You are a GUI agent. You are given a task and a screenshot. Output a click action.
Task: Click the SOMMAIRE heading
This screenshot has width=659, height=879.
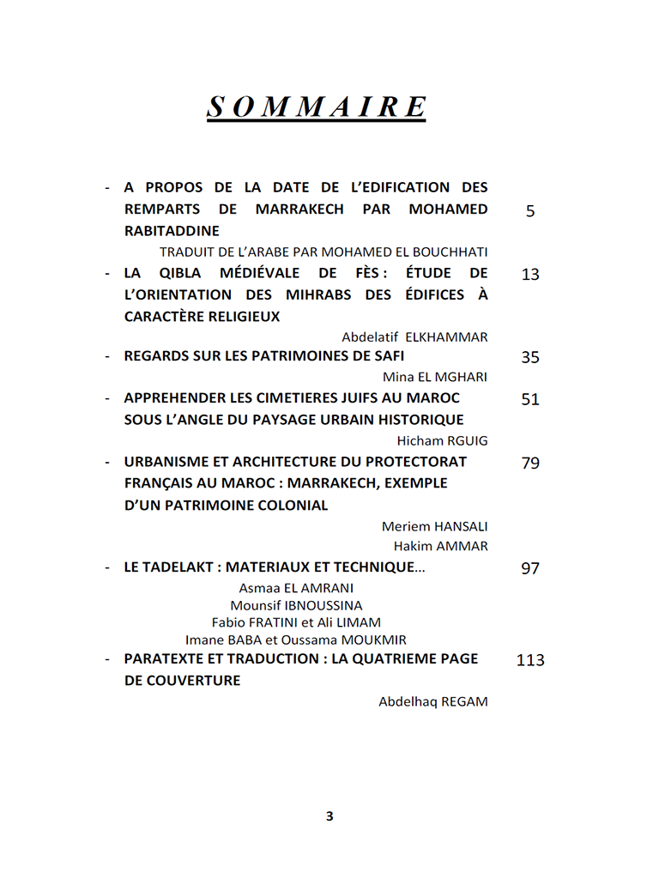pos(317,108)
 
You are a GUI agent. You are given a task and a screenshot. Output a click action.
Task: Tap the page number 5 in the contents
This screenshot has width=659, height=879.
pos(530,210)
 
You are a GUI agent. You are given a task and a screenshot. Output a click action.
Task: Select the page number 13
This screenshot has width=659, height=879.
pos(530,275)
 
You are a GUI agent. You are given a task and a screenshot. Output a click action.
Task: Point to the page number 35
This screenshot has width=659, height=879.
pos(530,357)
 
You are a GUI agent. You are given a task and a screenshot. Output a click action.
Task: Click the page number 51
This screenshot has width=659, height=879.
pos(530,399)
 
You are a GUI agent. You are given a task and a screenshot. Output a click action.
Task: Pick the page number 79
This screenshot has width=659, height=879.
pos(530,464)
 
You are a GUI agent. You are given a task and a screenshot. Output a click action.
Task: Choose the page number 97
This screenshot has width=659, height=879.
pos(530,569)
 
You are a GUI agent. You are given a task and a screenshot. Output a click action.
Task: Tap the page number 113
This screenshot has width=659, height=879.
pos(530,660)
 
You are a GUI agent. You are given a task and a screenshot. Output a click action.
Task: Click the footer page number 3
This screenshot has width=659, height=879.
pos(329,816)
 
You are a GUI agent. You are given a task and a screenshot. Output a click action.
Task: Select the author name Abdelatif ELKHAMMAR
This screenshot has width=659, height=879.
pos(414,337)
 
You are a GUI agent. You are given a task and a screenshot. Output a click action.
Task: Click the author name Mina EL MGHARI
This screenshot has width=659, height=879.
pos(435,378)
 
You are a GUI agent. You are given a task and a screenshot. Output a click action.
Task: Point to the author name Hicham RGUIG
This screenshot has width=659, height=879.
pos(442,441)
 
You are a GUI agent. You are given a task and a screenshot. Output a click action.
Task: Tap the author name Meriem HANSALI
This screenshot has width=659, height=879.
pos(434,526)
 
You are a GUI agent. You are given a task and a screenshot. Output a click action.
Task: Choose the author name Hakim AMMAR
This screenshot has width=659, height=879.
pos(440,547)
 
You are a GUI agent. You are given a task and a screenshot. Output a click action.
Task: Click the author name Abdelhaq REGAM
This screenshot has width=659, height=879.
pos(432,702)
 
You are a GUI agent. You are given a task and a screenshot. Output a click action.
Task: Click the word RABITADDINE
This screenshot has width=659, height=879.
pos(172,231)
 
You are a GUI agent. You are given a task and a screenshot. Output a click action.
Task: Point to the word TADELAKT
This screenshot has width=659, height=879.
pos(182,568)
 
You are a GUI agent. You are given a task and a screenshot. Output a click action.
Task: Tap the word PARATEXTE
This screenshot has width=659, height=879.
pos(166,659)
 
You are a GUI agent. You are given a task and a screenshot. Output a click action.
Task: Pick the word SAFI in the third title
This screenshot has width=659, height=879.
pos(388,356)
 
